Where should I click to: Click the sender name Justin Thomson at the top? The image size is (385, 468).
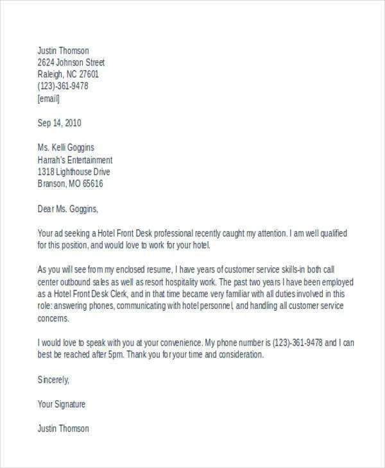(x=64, y=51)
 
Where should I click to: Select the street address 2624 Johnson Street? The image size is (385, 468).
(x=71, y=63)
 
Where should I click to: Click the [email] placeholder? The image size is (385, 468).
(x=49, y=99)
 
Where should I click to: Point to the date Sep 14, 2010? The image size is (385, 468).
(x=60, y=123)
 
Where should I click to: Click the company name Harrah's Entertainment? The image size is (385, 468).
(x=75, y=160)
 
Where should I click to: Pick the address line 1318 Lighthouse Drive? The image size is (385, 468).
(x=74, y=172)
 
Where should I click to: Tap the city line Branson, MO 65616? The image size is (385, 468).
(x=70, y=184)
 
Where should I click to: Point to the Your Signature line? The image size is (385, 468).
(x=62, y=404)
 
